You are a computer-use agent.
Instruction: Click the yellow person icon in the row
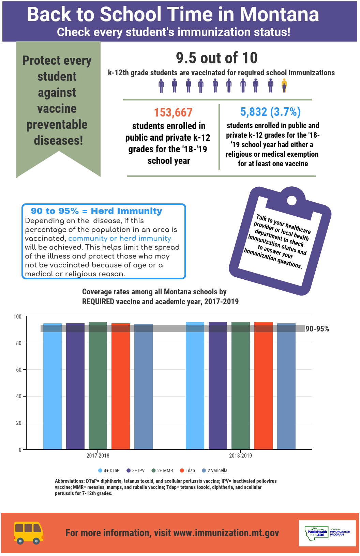tap(284, 86)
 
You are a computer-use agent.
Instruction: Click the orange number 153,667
tap(173, 112)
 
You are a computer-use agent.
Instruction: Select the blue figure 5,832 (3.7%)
tap(270, 112)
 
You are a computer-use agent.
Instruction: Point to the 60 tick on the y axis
tap(19, 370)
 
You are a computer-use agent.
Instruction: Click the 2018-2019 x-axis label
tap(240, 455)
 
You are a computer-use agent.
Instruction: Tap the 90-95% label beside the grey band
tap(317, 329)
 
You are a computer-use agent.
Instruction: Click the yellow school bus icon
tap(29, 532)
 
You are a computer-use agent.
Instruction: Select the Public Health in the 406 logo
tap(317, 532)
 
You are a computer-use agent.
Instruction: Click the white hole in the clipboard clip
tap(291, 200)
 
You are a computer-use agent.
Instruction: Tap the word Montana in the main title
tap(279, 14)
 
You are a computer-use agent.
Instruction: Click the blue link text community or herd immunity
tap(120, 238)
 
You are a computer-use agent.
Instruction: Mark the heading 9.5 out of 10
tap(217, 58)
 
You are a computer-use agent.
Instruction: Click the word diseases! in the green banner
tap(58, 140)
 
